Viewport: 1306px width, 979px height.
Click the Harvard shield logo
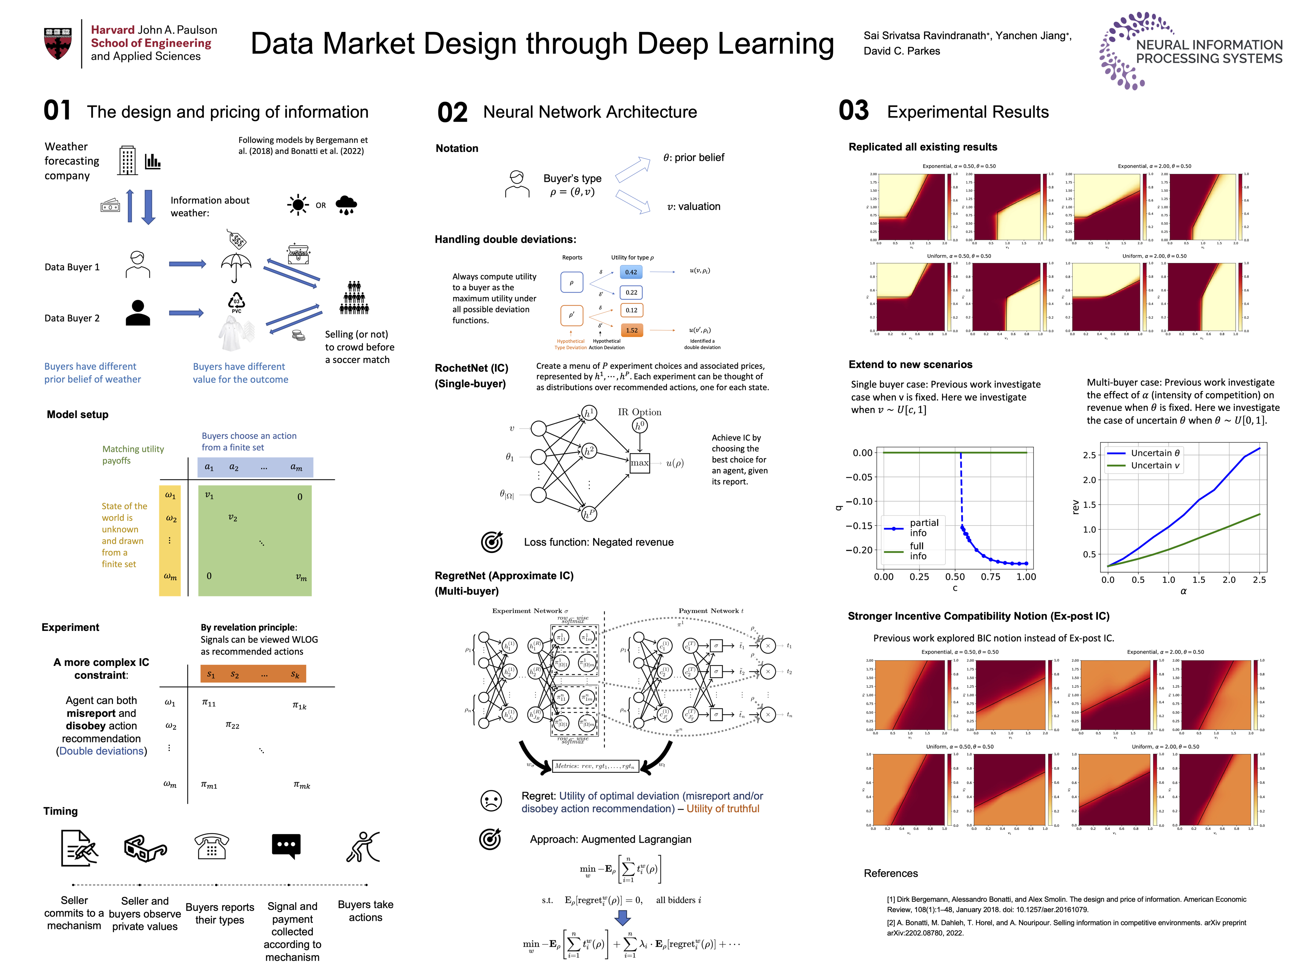point(58,43)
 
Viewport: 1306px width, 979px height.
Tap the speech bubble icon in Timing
point(286,846)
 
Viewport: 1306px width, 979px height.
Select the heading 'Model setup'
point(77,414)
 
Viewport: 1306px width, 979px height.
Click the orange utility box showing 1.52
point(632,330)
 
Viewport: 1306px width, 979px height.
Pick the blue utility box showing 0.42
point(631,272)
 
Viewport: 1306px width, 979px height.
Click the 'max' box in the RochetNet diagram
point(639,463)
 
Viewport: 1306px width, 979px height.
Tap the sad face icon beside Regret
point(491,801)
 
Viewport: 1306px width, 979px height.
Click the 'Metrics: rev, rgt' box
point(595,766)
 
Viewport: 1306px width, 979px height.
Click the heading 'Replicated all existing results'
point(923,147)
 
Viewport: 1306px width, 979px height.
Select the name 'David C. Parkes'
point(902,51)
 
